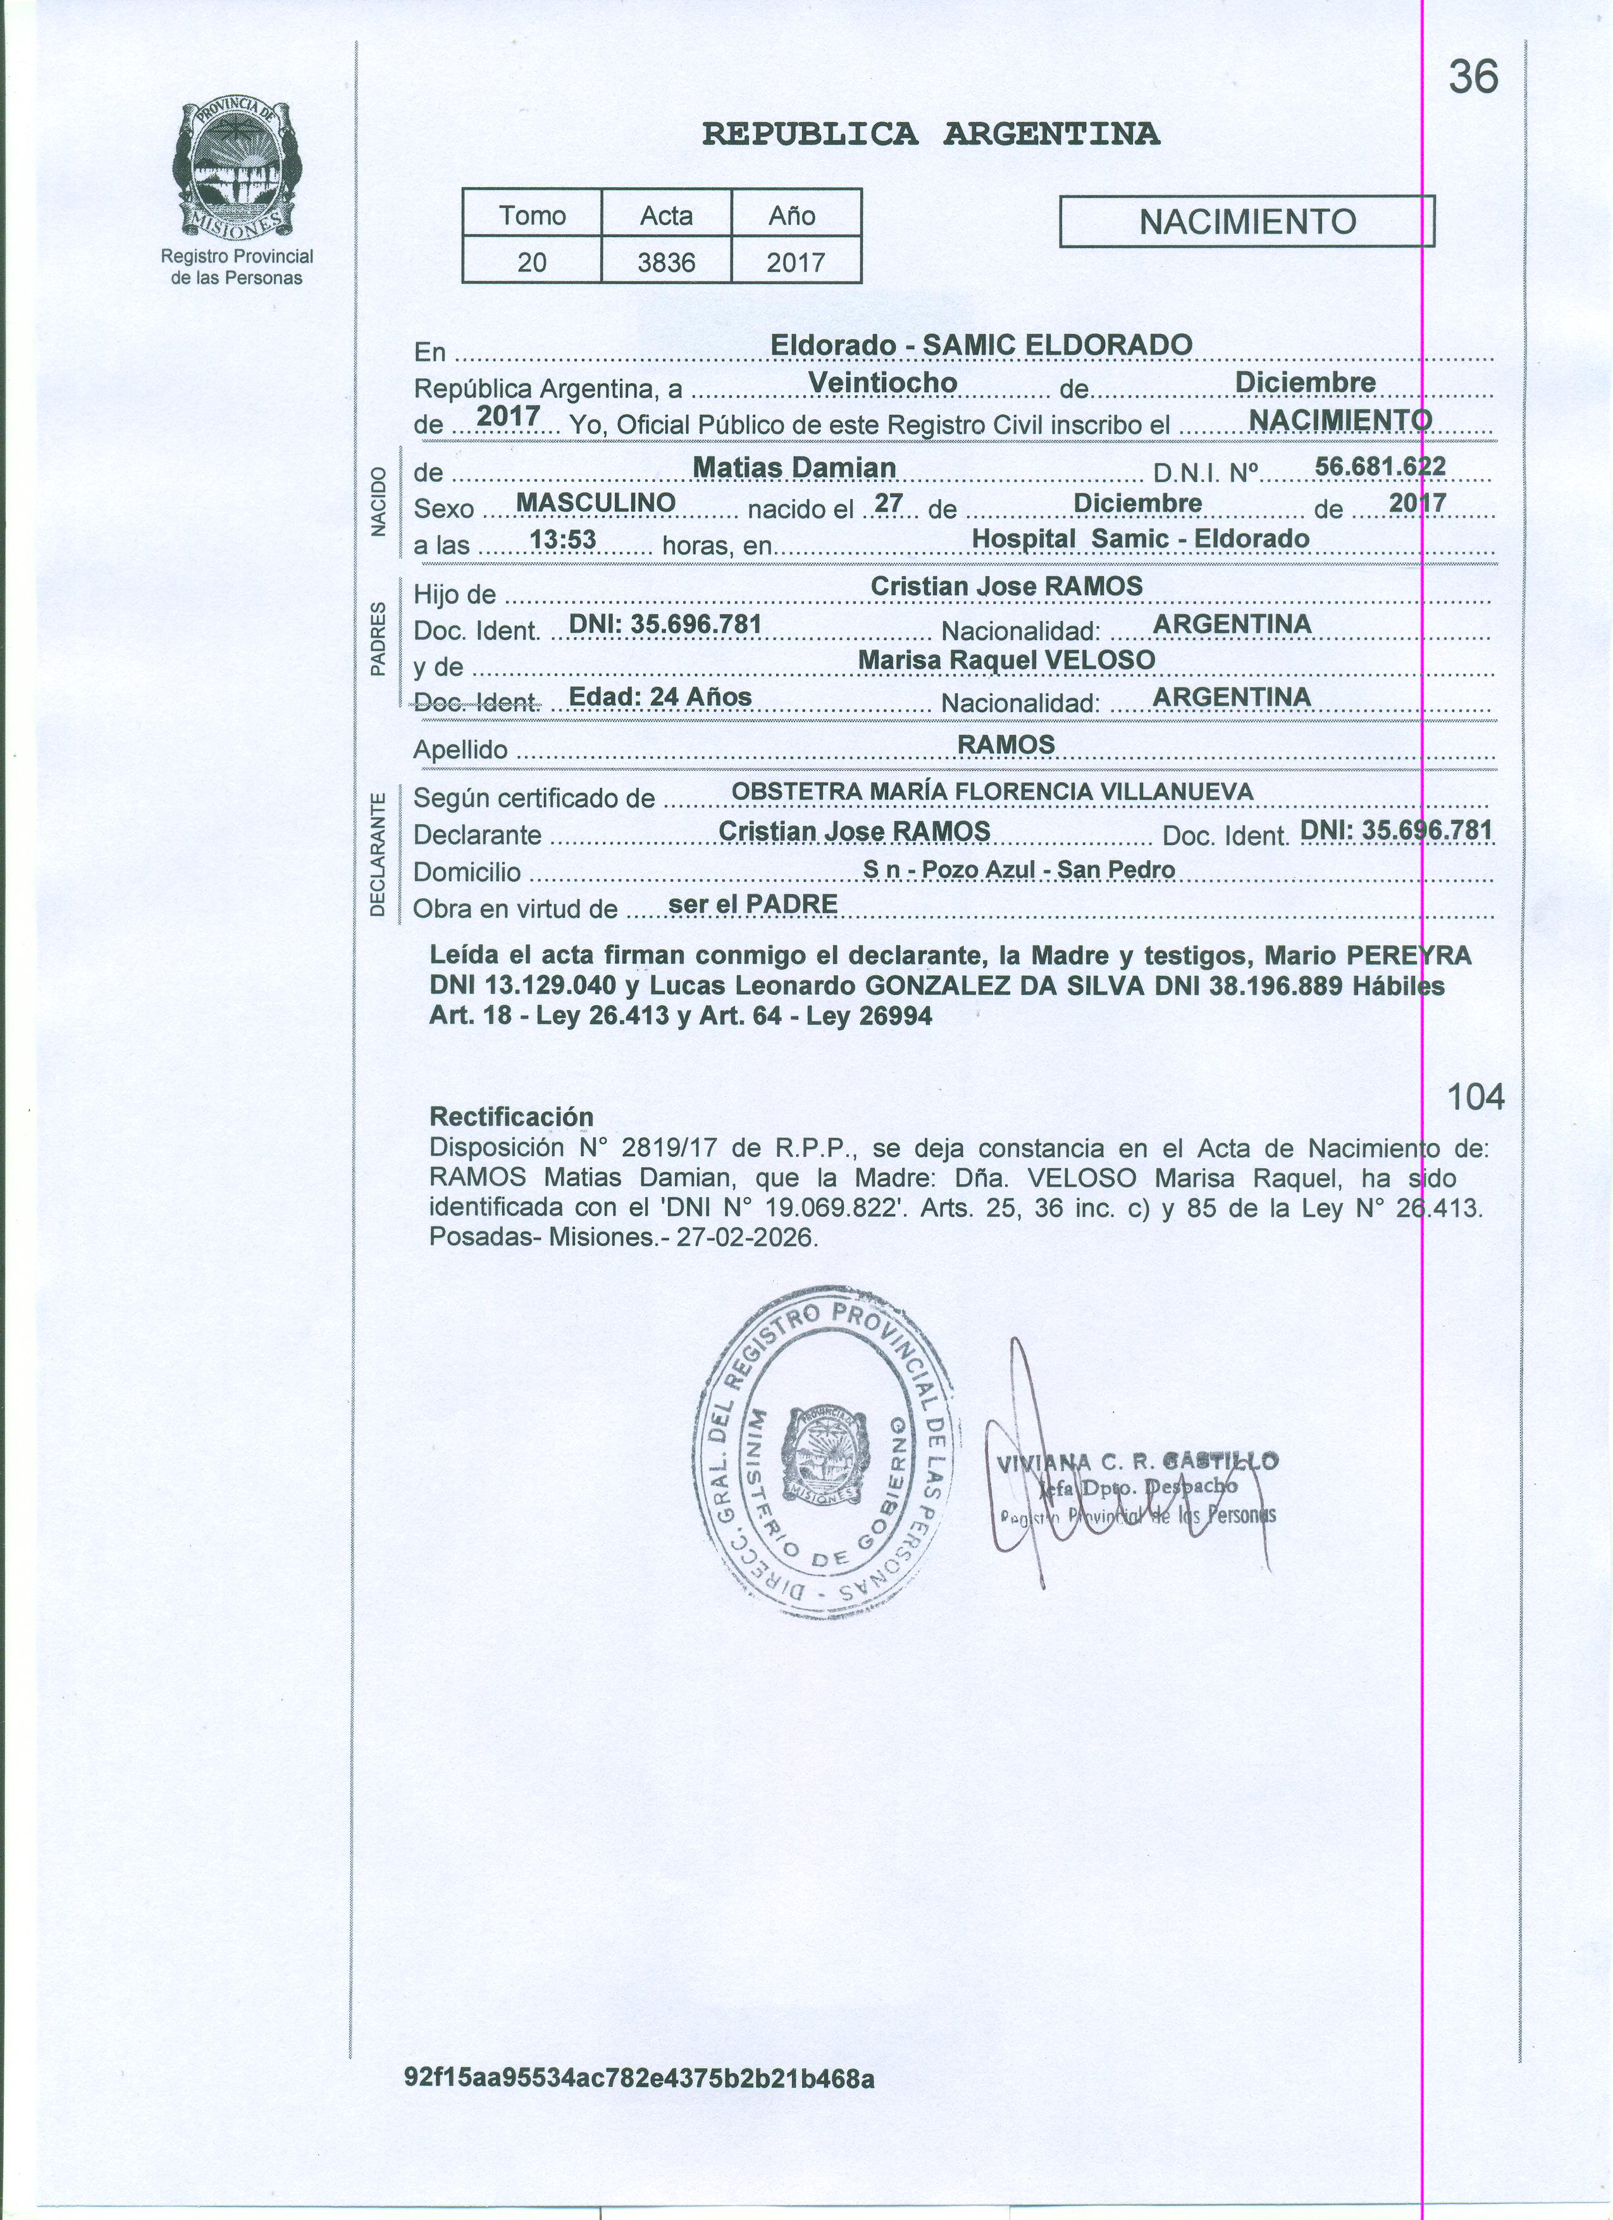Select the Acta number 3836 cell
[x=667, y=262]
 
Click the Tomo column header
[x=533, y=215]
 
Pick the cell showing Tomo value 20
[x=533, y=262]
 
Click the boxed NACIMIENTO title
[x=1247, y=222]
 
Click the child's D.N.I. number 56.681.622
[x=1380, y=466]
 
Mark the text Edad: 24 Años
[x=660, y=696]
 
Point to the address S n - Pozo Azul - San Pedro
[x=1019, y=869]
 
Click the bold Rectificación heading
[x=511, y=1117]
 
